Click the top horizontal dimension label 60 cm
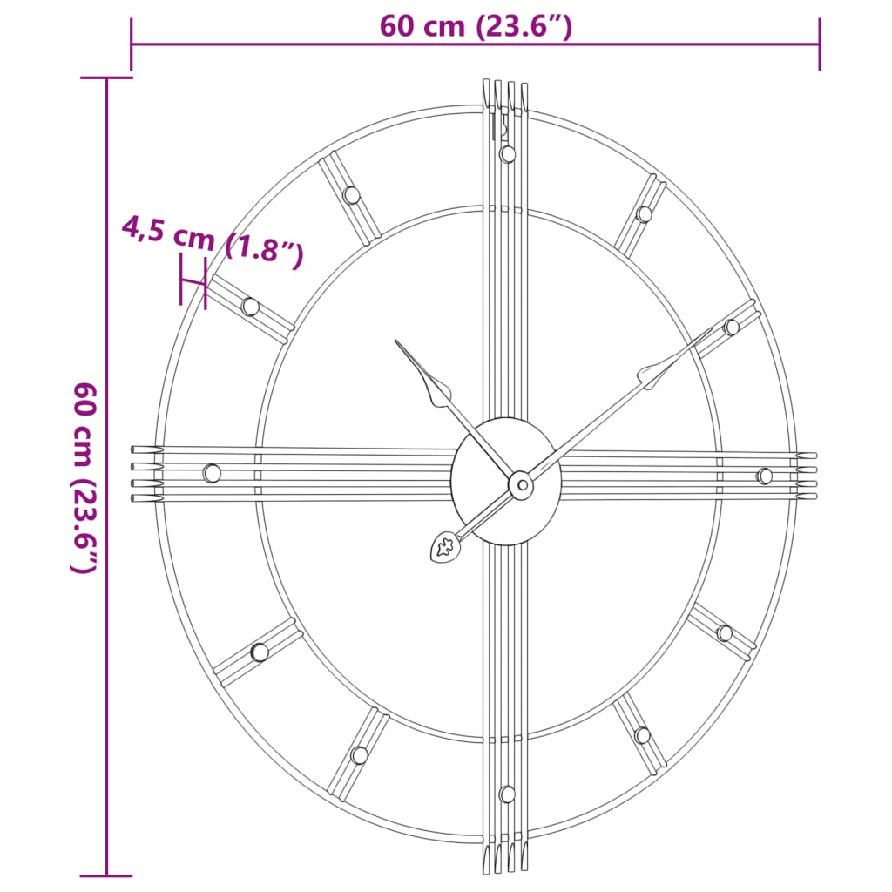476,27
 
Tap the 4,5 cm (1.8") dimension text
213,242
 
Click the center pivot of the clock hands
520,484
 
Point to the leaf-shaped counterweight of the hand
445,547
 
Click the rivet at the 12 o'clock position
508,154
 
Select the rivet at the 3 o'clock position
764,476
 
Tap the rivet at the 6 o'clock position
507,794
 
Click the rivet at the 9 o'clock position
212,473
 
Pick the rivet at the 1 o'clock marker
644,214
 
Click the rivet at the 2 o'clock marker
731,328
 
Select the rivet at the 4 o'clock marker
724,633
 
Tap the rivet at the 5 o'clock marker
642,735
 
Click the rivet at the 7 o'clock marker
359,755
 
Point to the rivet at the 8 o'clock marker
259,652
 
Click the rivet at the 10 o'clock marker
250,307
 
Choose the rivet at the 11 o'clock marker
351,195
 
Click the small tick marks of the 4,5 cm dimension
193,281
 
